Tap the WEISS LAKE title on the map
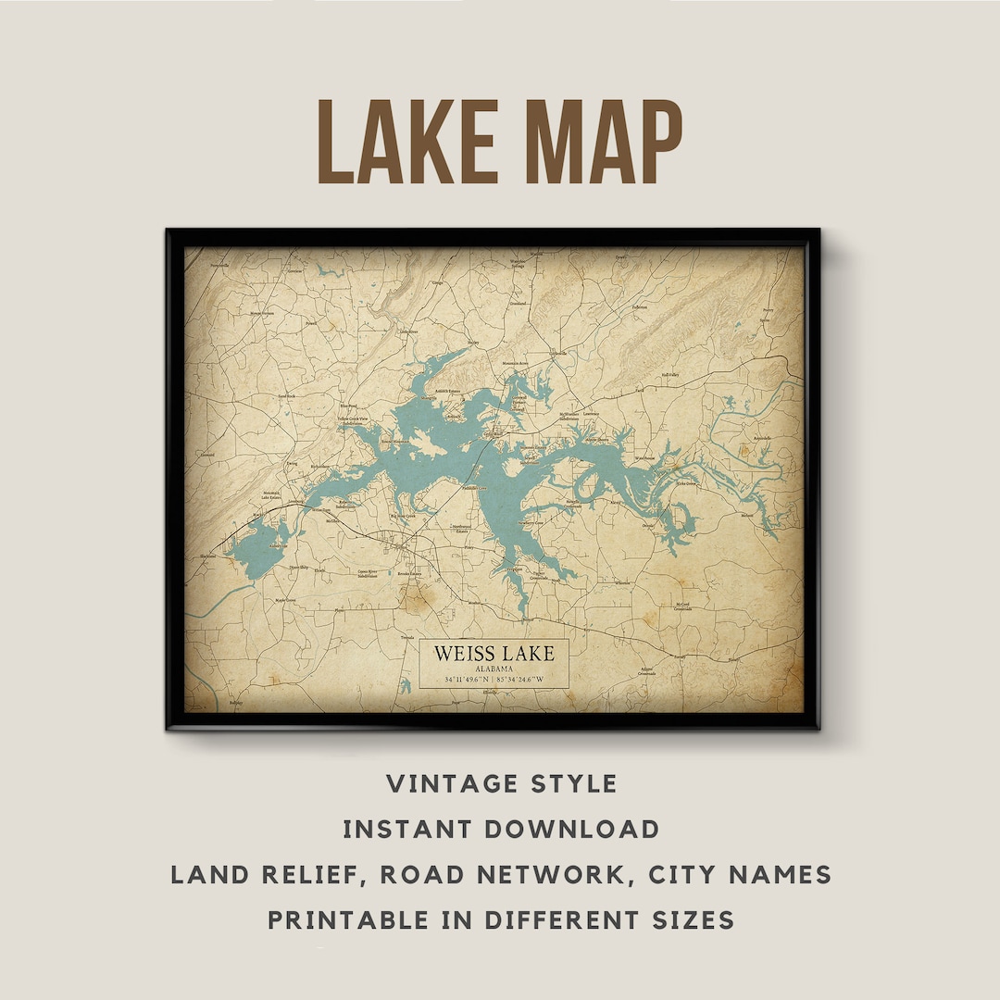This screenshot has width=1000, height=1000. pos(494,654)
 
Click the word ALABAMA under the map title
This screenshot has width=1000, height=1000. pos(494,669)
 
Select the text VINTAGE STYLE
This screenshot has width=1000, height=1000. pos(501,784)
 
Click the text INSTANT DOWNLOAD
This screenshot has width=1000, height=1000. pos(501,829)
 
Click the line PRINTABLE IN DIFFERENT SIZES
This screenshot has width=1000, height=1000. pos(501,919)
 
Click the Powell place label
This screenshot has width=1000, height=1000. pos(311,324)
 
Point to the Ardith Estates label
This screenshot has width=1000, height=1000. pos(447,392)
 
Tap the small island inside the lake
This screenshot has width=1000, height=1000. pos(428,445)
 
